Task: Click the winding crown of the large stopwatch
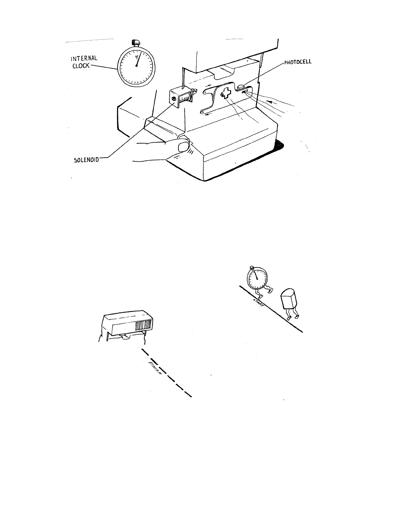pos(136,42)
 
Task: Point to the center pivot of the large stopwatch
pos(136,66)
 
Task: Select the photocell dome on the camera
pos(241,87)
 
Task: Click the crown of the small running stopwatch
pos(252,268)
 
